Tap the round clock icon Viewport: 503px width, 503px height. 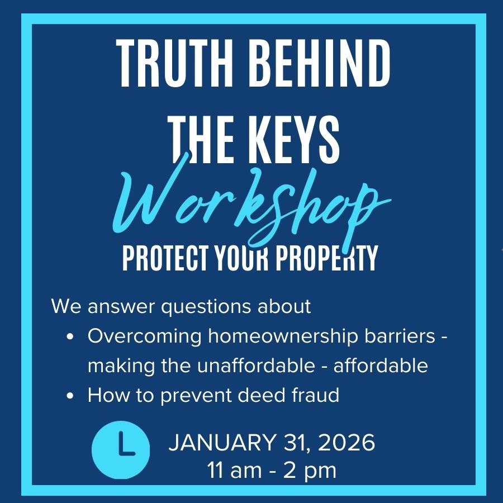121,450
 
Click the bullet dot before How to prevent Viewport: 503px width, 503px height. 70,396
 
